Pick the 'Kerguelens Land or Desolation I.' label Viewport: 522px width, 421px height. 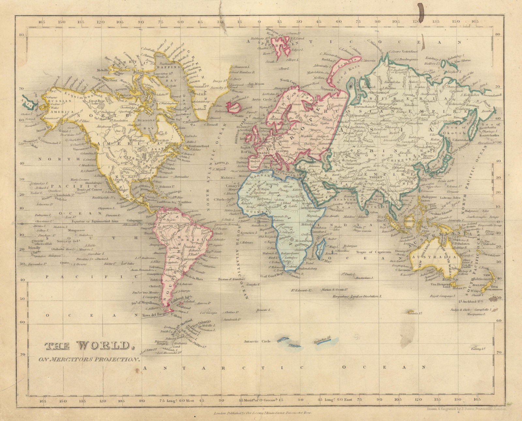point(357,297)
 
